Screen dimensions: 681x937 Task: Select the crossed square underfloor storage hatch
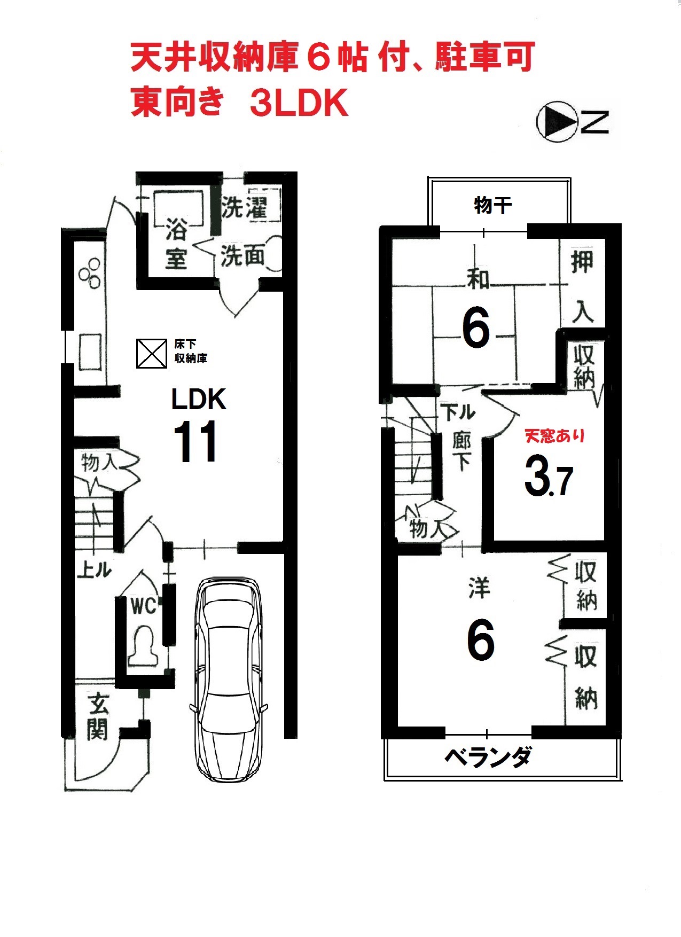click(152, 354)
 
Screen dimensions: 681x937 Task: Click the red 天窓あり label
click(555, 436)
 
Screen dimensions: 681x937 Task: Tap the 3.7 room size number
click(549, 475)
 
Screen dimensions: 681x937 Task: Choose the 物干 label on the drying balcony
click(493, 205)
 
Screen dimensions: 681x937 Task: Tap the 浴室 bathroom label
click(176, 243)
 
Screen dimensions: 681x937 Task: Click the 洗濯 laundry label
click(244, 207)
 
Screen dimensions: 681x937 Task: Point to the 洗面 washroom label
click(243, 255)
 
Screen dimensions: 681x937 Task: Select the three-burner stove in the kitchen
click(90, 272)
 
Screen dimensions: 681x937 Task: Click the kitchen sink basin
click(90, 352)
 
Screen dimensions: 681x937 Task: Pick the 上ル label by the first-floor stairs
click(94, 569)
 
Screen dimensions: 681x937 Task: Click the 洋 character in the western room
click(479, 588)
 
